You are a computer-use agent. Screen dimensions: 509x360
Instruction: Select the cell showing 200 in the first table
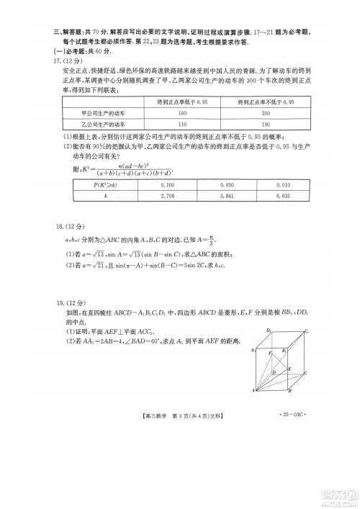266,114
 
